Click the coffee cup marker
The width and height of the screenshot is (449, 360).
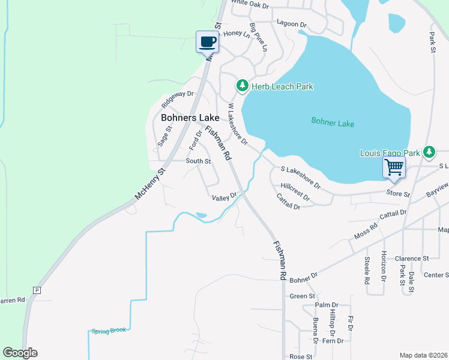click(x=208, y=43)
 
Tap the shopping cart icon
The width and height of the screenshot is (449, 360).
click(x=394, y=167)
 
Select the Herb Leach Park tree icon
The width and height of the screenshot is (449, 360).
click(x=242, y=86)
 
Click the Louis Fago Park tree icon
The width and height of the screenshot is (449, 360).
click(x=429, y=152)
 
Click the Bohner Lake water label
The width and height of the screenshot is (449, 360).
click(x=333, y=123)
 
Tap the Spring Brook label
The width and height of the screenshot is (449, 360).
click(x=109, y=331)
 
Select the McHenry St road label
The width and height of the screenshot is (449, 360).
click(x=149, y=184)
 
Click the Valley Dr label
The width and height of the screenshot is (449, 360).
click(x=224, y=196)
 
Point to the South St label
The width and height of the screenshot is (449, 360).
click(x=198, y=161)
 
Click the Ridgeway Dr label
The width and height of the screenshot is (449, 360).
click(x=178, y=94)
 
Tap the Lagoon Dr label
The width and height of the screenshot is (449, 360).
click(x=292, y=25)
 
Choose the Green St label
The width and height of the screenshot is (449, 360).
click(x=303, y=296)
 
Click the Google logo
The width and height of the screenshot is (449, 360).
click(x=20, y=353)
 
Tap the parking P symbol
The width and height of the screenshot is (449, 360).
click(x=37, y=290)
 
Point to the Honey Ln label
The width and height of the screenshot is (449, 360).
click(x=237, y=34)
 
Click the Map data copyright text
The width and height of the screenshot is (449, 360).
click(x=423, y=355)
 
